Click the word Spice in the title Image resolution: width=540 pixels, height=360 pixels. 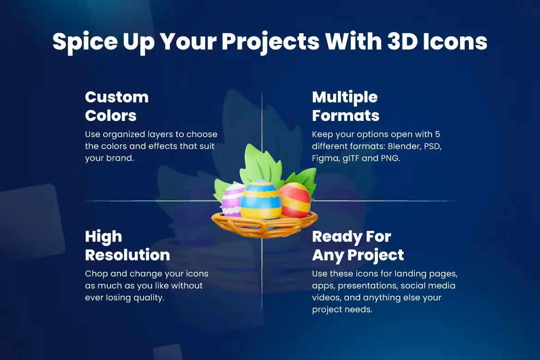[x=85, y=42]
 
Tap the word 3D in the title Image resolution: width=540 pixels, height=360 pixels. [x=402, y=42]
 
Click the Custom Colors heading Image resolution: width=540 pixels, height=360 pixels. [x=117, y=106]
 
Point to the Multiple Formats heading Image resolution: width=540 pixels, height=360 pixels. [x=345, y=106]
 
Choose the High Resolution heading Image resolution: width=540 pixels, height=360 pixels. [x=127, y=246]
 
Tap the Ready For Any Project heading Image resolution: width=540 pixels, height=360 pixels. [x=358, y=246]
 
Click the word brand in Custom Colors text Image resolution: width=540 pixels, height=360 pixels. [x=120, y=158]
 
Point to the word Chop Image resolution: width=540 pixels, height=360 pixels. [x=96, y=274]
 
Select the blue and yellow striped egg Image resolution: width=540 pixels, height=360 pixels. [x=261, y=200]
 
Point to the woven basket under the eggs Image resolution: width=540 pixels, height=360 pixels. [x=264, y=224]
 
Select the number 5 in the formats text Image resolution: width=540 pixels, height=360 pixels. [x=438, y=134]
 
